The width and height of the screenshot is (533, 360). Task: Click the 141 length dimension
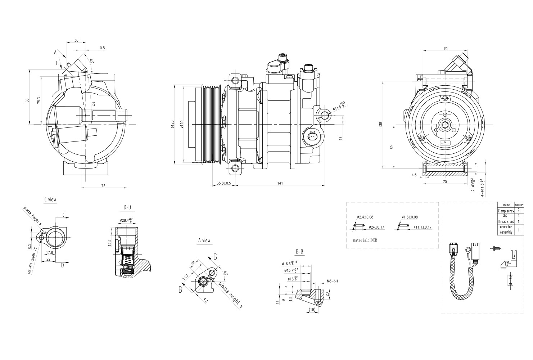pyautogui.click(x=280, y=183)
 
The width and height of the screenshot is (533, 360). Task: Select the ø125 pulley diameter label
pyautogui.click(x=173, y=124)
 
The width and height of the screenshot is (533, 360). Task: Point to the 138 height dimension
pyautogui.click(x=381, y=125)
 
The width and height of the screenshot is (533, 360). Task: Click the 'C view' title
pyautogui.click(x=50, y=199)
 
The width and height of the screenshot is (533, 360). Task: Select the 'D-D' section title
pyautogui.click(x=127, y=207)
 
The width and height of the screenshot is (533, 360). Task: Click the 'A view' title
pyautogui.click(x=204, y=240)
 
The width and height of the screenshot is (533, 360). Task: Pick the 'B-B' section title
pyautogui.click(x=299, y=251)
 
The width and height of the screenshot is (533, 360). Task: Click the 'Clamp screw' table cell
pyautogui.click(x=506, y=211)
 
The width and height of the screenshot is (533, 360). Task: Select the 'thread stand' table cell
pyautogui.click(x=506, y=221)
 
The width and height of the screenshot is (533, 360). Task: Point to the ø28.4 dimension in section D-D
pyautogui.click(x=127, y=220)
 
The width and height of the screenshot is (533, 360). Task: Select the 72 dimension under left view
pyautogui.click(x=103, y=186)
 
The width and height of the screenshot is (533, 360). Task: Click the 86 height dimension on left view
pyautogui.click(x=27, y=101)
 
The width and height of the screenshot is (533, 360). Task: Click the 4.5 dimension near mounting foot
pyautogui.click(x=414, y=175)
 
